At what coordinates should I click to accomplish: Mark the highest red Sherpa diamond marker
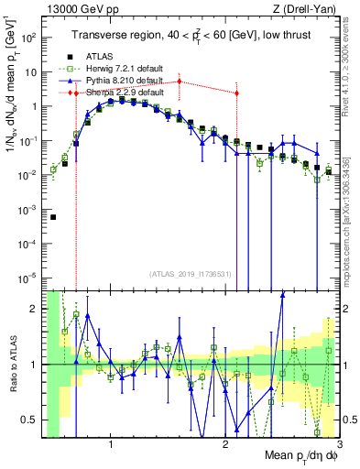click(180, 82)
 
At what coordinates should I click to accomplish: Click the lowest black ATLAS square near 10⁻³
click(53, 217)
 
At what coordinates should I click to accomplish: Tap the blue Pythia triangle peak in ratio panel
click(283, 294)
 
